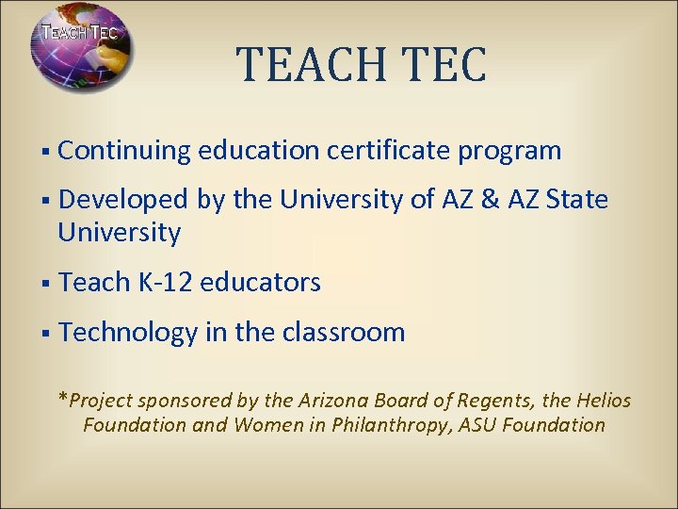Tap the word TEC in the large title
pos(444,63)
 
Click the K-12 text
pos(159,282)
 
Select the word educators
pos(261,282)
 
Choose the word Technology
pos(127,333)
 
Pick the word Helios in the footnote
pos(602,401)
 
